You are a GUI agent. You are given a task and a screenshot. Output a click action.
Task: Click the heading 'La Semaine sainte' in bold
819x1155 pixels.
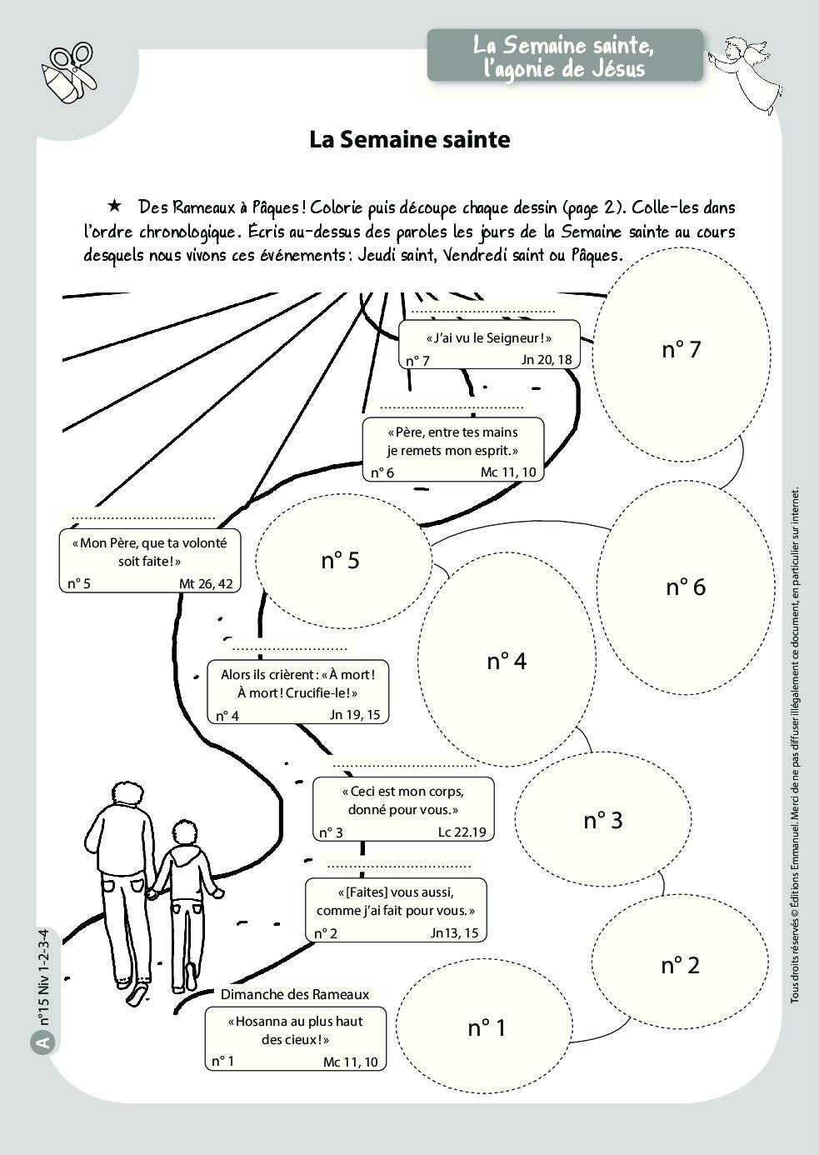[x=409, y=139]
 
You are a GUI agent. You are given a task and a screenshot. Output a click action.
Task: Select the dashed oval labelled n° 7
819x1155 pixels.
[x=682, y=350]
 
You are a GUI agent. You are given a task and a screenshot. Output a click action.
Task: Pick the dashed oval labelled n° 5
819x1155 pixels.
[x=342, y=561]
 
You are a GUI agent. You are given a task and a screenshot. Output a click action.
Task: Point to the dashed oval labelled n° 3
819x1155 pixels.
[x=602, y=820]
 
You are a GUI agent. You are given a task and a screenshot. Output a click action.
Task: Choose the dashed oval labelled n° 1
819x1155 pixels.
[x=487, y=1028]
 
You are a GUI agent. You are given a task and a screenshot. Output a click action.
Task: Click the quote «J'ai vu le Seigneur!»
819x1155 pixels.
[x=489, y=337]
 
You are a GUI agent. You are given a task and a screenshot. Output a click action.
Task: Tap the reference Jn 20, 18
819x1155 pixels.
[x=547, y=360]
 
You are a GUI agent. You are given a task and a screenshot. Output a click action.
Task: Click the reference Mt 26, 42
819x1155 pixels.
[x=206, y=583]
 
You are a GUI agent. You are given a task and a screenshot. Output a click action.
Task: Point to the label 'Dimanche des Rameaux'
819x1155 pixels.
[x=294, y=994]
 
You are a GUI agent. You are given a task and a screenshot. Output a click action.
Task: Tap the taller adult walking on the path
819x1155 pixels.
[x=122, y=875]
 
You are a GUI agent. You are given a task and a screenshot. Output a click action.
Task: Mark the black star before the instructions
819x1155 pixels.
[x=115, y=206]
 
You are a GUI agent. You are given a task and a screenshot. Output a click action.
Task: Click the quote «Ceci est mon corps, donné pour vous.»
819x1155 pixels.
[x=403, y=800]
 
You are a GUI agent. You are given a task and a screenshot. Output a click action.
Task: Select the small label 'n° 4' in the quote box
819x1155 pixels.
[x=227, y=716]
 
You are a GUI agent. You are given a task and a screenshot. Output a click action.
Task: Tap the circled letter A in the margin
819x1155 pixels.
[x=43, y=1042]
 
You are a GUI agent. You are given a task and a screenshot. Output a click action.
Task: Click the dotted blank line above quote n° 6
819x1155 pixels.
[x=452, y=407]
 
